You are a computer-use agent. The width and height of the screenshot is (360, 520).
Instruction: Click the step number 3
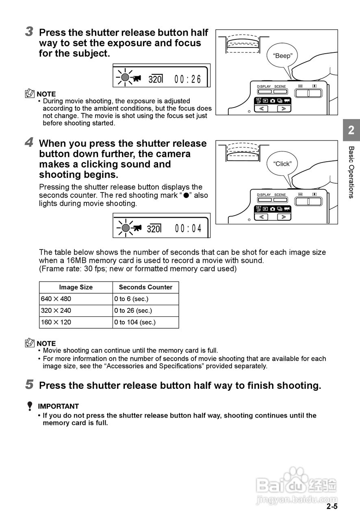tap(29, 32)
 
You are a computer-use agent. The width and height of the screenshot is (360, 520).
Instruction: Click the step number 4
tap(29, 143)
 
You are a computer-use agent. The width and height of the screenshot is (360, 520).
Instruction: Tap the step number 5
tap(29, 385)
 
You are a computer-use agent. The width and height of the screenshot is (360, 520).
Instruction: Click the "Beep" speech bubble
tap(282, 56)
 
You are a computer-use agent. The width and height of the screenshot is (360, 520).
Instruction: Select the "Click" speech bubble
tap(282, 164)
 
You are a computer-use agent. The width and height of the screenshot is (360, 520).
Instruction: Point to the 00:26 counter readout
tap(188, 79)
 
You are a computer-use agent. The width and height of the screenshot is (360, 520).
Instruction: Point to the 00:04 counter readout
tap(188, 228)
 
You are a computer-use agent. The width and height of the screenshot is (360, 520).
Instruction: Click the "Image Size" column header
tap(76, 287)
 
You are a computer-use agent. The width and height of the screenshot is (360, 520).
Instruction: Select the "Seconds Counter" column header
tap(145, 287)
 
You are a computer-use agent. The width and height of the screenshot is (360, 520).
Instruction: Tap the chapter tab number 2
tap(351, 130)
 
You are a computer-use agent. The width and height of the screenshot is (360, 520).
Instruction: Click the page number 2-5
tap(332, 507)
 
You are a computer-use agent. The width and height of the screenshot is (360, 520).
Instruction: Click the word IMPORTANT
tap(58, 406)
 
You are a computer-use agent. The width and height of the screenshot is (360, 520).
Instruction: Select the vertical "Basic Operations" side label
tap(351, 172)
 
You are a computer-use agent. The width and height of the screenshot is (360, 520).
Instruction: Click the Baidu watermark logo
tap(297, 485)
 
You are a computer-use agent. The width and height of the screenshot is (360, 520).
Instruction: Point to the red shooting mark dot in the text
tap(186, 195)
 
